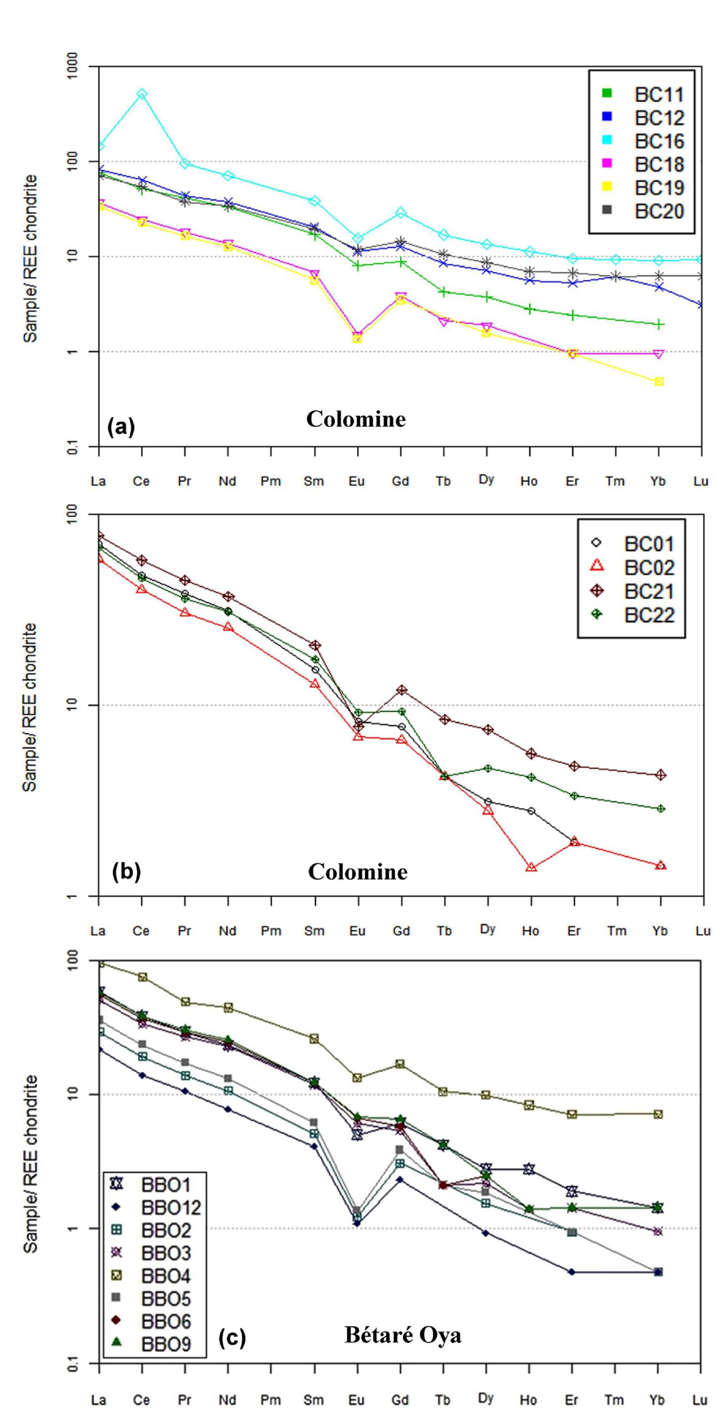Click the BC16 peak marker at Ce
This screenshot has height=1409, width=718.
coord(142,94)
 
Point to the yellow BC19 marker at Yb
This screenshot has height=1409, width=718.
coord(660,381)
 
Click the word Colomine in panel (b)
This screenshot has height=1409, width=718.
coord(358,872)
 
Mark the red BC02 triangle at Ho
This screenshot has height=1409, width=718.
coord(530,867)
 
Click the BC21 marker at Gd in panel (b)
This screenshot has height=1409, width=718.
coord(401,690)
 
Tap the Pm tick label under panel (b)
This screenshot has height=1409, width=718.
coord(271,930)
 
